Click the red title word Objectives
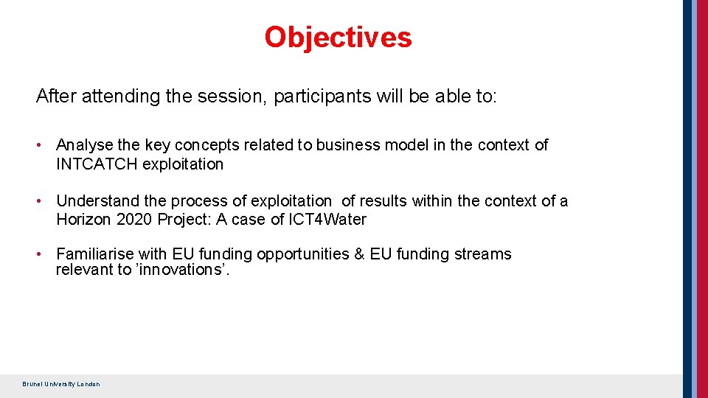pos(338,37)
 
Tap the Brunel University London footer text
pos(61,384)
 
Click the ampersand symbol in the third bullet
pos(359,254)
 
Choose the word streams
pos(483,254)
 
